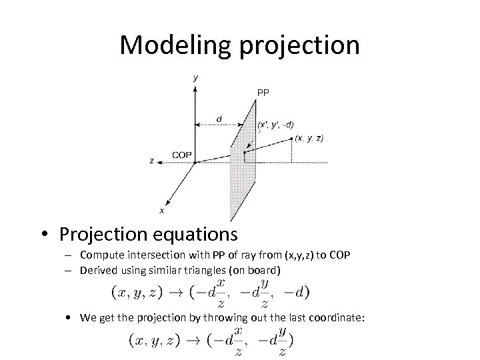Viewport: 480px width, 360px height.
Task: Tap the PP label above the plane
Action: click(263, 93)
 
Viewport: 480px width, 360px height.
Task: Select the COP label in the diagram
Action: click(182, 155)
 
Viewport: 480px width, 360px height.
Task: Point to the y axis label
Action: click(195, 78)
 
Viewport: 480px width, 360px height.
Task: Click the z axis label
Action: click(153, 161)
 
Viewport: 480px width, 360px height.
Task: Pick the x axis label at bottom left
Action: click(161, 211)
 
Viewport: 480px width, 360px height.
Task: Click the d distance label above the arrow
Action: click(219, 119)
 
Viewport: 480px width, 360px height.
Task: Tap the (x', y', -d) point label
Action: click(275, 125)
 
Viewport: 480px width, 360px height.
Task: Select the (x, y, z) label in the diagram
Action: click(309, 138)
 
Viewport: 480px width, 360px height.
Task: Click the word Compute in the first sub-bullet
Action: click(101, 255)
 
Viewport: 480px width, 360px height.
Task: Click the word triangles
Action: click(206, 269)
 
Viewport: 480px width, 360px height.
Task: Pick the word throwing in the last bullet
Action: click(212, 318)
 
